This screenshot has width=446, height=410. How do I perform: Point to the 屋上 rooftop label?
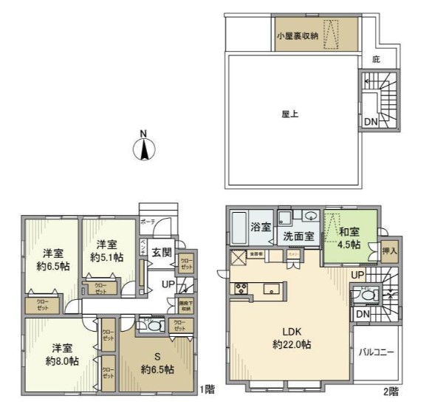291,115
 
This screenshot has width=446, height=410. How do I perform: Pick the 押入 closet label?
391,250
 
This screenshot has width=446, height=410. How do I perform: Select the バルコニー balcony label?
380,352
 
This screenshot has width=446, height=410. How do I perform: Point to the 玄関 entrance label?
162,252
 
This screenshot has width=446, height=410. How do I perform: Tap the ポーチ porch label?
148,220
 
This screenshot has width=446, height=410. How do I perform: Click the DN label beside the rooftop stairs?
370,122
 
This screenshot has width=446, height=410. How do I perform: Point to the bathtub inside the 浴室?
240,228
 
